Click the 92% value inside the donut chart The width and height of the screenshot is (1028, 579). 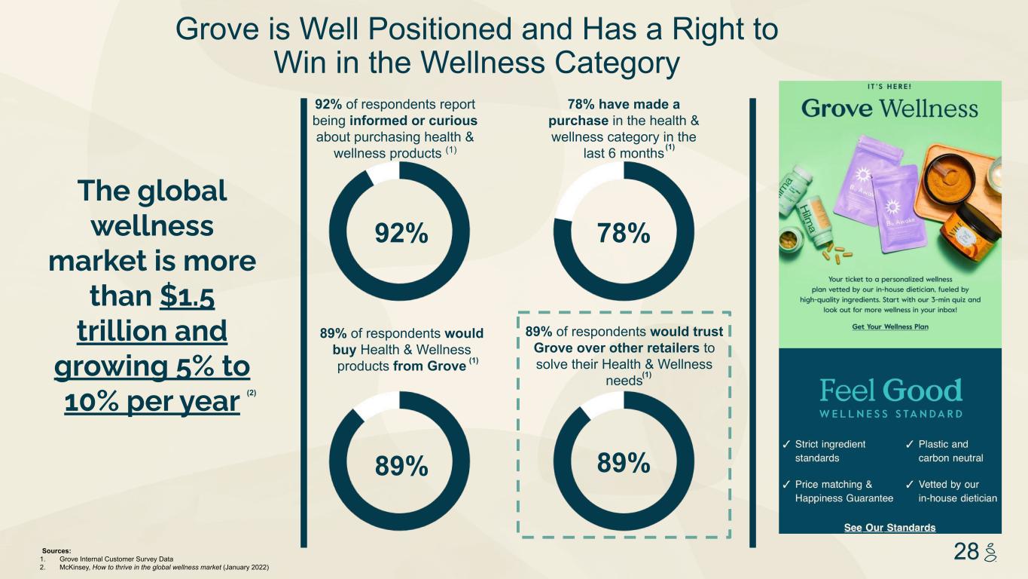(x=401, y=234)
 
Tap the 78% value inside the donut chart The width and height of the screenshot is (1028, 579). (x=624, y=234)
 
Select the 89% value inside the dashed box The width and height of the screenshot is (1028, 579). (x=624, y=463)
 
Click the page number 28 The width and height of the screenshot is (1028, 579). (x=965, y=552)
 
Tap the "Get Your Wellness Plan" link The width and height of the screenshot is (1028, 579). (x=890, y=326)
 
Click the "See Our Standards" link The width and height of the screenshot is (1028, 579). (x=890, y=527)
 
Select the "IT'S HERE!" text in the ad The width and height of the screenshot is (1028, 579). (x=890, y=86)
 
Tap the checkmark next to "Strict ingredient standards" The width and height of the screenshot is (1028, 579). (x=786, y=444)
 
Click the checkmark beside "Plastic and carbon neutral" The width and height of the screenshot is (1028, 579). (x=910, y=444)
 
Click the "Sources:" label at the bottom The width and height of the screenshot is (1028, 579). (x=56, y=551)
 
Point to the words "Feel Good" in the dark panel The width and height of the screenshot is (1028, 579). (x=890, y=391)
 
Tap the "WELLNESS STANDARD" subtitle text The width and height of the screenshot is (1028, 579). (x=890, y=414)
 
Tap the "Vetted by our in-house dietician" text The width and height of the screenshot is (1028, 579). (x=957, y=491)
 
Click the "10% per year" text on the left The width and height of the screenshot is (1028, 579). (x=151, y=402)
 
